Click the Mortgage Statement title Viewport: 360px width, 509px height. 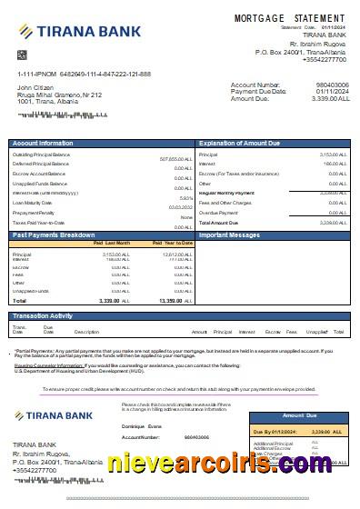[x=290, y=18]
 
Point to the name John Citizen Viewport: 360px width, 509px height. [x=36, y=87]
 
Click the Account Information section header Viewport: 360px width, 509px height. [x=44, y=144]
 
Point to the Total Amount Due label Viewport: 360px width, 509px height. [x=218, y=222]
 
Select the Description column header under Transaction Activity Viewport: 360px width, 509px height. [x=86, y=333]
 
